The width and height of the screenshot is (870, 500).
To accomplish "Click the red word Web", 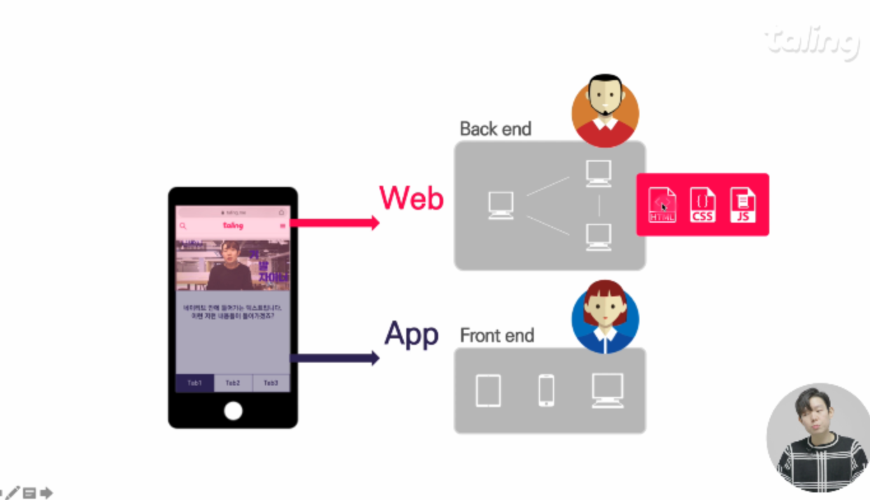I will click(411, 198).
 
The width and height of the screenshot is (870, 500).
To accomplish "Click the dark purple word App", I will click(411, 334).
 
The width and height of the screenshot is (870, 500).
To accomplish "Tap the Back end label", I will click(496, 129).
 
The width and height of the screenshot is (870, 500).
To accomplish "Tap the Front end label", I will click(497, 335).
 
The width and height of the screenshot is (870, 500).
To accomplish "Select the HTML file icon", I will click(662, 205).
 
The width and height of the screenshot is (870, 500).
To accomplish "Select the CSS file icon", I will click(702, 205).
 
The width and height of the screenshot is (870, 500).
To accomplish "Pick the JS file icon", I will click(743, 205).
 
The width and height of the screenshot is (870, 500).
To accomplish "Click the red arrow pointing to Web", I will click(334, 223).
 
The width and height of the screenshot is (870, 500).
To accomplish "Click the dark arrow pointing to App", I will click(334, 358).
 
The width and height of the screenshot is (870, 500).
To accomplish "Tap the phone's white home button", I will click(233, 411).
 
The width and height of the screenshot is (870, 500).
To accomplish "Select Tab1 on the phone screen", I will click(195, 383).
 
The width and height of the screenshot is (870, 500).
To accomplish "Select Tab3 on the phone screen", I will click(271, 383).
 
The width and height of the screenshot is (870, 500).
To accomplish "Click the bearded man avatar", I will click(605, 110).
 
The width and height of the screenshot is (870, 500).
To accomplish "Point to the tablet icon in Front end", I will click(488, 391).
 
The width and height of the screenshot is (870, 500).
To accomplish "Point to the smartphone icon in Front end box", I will click(546, 391).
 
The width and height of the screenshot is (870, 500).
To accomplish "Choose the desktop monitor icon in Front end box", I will click(607, 390).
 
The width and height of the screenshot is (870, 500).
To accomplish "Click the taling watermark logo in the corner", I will click(812, 41).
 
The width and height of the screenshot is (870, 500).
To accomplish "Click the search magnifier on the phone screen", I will click(183, 226).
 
